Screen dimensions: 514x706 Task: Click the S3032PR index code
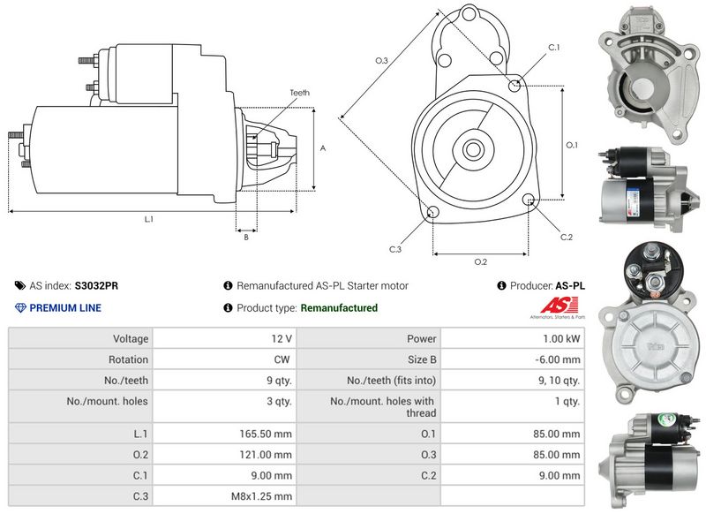[x=97, y=286]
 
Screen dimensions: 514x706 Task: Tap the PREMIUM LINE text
[x=65, y=308]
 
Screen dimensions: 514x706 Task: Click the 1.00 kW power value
[x=561, y=338]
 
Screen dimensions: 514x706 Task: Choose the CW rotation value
[x=283, y=359]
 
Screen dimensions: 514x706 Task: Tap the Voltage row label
[x=131, y=338]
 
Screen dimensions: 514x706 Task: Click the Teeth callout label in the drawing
[x=300, y=93]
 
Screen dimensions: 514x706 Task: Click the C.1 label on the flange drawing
[x=554, y=47]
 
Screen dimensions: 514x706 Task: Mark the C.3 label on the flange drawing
[x=395, y=250]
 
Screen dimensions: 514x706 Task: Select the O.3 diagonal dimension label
[x=381, y=60]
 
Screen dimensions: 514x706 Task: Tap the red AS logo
[x=553, y=305]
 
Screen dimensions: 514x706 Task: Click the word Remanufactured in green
[x=339, y=308]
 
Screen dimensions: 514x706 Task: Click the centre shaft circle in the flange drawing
[x=471, y=148]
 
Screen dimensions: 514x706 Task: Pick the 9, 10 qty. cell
[x=560, y=381]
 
